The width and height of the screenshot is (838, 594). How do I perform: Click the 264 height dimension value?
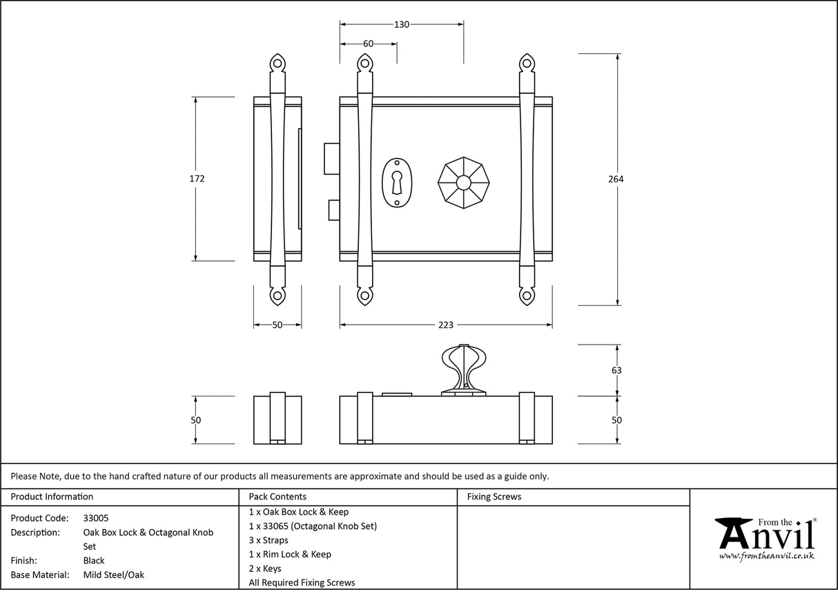pos(616,180)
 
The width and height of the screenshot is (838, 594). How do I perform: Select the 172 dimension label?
pos(197,179)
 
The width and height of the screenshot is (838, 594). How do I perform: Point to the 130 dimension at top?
pos(401,25)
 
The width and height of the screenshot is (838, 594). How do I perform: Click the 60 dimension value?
pos(368,44)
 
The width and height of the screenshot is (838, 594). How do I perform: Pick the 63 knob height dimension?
pos(616,370)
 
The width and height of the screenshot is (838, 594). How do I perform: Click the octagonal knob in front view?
pos(462,183)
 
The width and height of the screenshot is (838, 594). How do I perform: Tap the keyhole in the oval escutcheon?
pos(397,182)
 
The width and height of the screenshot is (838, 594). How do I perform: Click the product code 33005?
pos(95,518)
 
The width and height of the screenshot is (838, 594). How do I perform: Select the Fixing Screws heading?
pos(494,497)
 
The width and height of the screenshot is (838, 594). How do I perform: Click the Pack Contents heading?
pos(277,497)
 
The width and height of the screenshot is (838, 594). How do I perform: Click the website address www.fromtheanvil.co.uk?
pos(766,556)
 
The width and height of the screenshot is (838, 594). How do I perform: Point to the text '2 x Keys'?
pos(265,568)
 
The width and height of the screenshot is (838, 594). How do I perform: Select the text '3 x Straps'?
pos(269,540)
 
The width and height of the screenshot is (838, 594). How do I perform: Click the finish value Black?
pos(94,561)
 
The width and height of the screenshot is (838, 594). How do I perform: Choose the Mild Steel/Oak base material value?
pos(113,575)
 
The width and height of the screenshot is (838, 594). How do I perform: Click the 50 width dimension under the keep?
pos(277,325)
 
